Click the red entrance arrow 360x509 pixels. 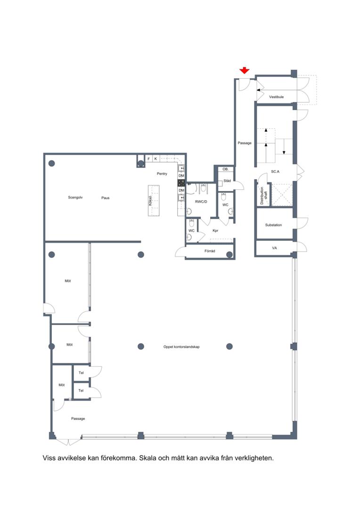(244, 70)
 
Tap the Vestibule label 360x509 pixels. (276, 97)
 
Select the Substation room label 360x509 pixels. (273, 225)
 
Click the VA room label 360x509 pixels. (274, 248)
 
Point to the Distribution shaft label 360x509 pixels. (263, 195)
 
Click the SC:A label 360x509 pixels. (275, 172)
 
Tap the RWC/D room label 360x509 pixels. (201, 202)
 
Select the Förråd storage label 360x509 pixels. (210, 251)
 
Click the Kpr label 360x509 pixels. (215, 230)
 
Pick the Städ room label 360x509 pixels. (227, 181)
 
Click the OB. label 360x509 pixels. (226, 169)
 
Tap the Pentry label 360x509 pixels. (162, 173)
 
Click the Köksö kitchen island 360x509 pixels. (154, 200)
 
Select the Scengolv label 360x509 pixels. (75, 197)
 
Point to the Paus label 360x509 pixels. (105, 197)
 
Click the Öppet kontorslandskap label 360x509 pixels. (181, 347)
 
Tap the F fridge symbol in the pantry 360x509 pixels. (149, 159)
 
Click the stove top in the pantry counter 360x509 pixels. (181, 183)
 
